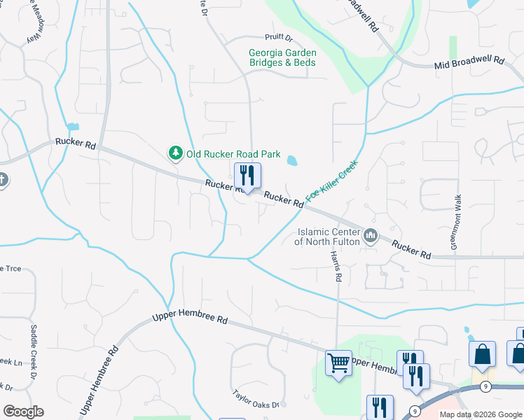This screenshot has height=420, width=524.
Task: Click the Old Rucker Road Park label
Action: click(233, 154)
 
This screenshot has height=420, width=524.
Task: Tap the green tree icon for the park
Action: click(175, 153)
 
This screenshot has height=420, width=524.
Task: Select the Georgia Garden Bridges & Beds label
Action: click(282, 57)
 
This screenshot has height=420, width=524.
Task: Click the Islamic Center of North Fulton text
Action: click(327, 237)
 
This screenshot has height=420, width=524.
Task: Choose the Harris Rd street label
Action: click(338, 267)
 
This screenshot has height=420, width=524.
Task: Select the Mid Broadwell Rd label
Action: click(469, 62)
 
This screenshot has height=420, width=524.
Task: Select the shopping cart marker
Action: click(339, 363)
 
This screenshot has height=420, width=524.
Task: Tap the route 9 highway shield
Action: click(415, 410)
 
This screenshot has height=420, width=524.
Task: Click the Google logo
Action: click(23, 412)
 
